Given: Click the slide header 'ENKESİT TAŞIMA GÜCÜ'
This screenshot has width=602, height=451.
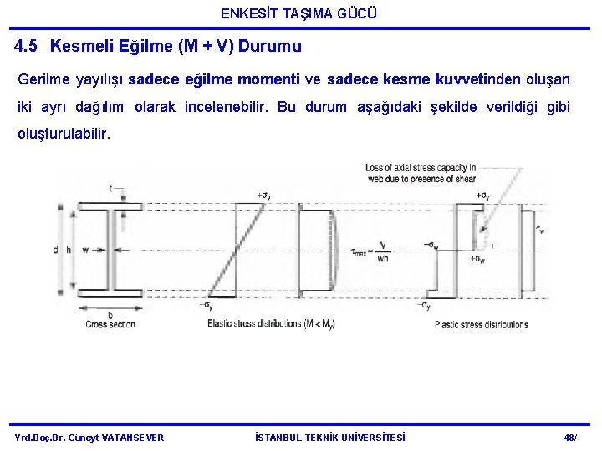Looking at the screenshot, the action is coord(298,13).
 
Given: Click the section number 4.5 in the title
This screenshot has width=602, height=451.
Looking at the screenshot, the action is coord(28,47).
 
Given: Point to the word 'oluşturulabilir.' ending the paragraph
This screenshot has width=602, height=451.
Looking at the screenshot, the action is coord(64,134).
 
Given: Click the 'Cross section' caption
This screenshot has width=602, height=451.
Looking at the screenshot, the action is coord(110,324).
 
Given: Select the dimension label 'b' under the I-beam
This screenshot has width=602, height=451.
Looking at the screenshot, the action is coord(110,314).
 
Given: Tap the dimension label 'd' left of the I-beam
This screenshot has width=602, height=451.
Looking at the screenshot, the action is coord(56,249).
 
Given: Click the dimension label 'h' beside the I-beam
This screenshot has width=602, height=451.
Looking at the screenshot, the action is coord(69,249).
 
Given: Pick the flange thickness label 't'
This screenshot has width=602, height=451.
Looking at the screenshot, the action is coord(110,189).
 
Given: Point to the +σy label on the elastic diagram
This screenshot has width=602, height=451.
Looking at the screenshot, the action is coord(264,196).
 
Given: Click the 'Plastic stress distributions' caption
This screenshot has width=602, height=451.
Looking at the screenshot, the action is coord(481,324).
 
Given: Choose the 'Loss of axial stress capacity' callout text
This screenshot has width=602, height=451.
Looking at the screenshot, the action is coord(421,173).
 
